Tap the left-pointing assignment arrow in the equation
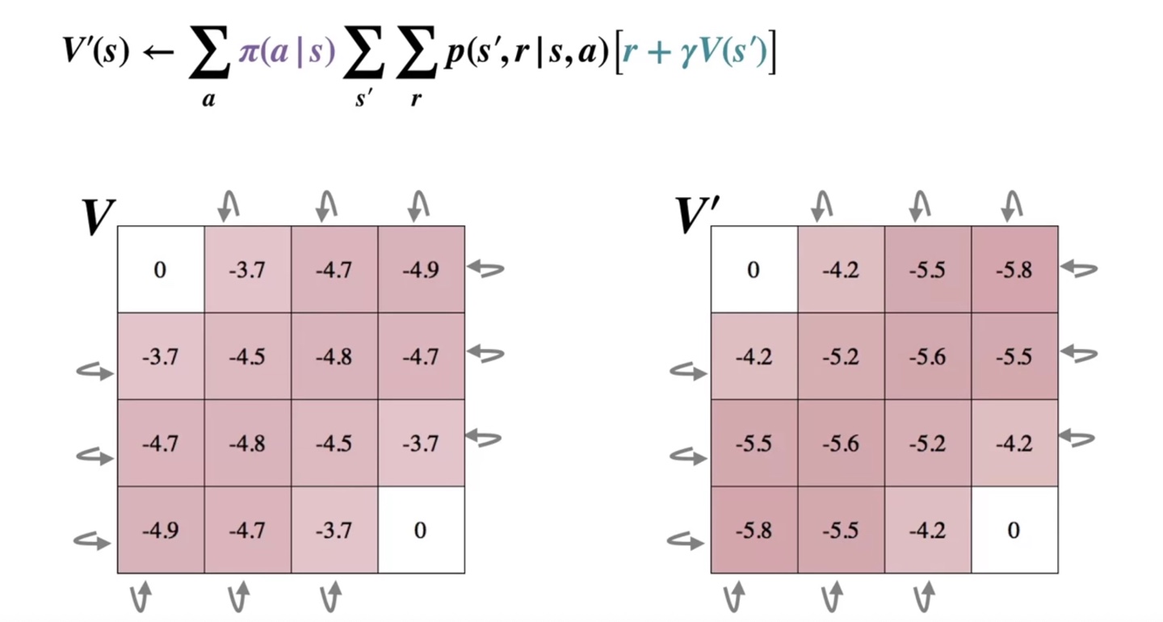(x=157, y=53)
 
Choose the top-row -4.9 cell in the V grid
(x=421, y=269)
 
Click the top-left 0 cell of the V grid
(x=160, y=269)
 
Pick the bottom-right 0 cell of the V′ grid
(x=1014, y=530)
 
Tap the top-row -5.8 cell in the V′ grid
(x=1014, y=269)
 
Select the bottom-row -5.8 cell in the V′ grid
(x=754, y=530)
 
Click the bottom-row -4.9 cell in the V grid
(x=160, y=530)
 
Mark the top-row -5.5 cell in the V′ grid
(x=927, y=269)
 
